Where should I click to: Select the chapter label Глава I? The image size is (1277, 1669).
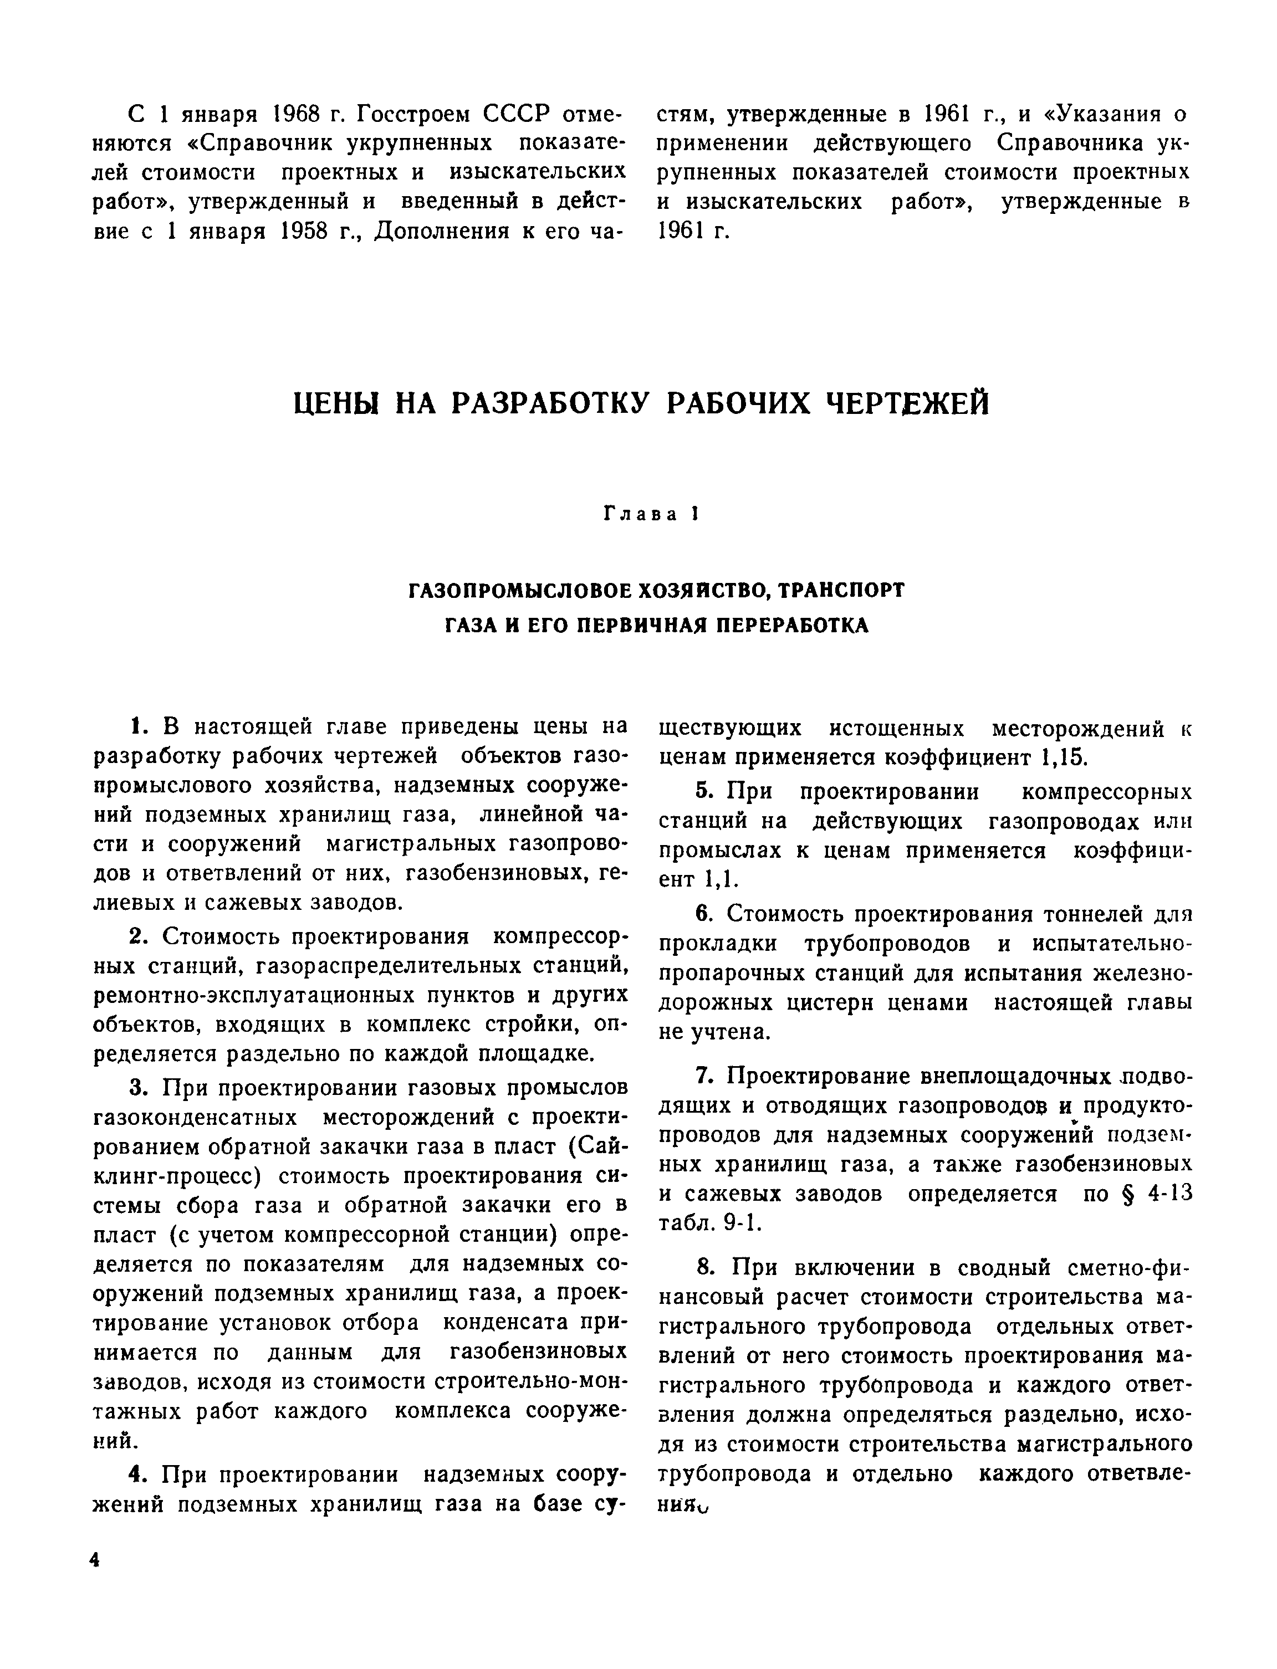650,515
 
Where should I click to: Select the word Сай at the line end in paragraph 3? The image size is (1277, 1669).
604,1147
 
